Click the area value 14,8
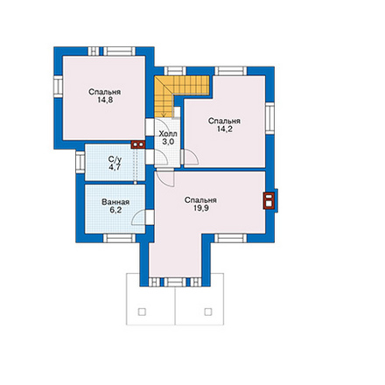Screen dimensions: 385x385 point(105,100)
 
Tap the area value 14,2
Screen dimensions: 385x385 point(225,129)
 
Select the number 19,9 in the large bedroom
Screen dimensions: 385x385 point(201,208)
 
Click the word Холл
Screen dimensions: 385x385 point(168,134)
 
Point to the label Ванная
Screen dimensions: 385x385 point(115,202)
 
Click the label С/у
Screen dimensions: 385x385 point(115,159)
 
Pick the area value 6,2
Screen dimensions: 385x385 point(115,210)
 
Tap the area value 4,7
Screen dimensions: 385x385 point(115,167)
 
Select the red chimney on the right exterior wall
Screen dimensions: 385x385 point(269,200)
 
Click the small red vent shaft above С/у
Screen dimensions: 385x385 point(138,144)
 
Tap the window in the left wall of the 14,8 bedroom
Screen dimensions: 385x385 point(59,87)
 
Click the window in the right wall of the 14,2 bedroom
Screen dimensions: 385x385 point(269,118)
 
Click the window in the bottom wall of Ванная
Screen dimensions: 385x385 point(119,238)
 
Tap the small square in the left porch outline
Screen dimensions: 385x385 point(142,312)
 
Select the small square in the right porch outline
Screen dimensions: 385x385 point(208,312)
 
